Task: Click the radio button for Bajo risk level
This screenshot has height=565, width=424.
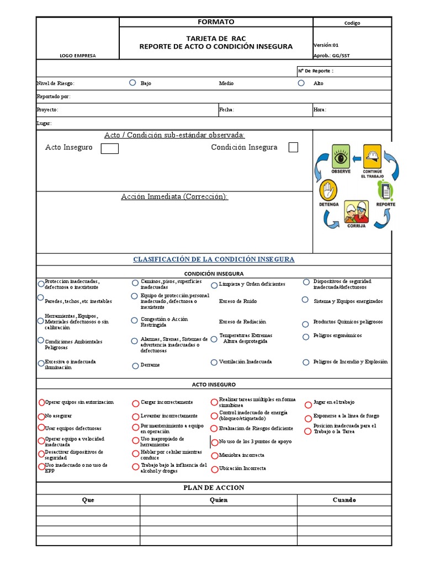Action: point(132,83)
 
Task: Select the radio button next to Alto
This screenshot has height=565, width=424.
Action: point(301,83)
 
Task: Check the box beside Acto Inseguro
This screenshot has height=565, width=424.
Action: point(110,148)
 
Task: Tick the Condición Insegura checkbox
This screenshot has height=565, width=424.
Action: point(293,147)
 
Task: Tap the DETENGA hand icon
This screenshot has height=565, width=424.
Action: point(328,191)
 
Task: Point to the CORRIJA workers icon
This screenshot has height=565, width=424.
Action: point(356,211)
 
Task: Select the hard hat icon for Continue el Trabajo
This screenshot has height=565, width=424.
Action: point(372,156)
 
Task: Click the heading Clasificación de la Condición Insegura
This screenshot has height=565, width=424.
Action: point(214,259)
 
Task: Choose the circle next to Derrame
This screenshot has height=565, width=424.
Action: point(135,365)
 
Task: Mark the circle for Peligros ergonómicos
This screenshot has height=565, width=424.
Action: point(306,337)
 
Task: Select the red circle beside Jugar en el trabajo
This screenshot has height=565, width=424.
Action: point(308,404)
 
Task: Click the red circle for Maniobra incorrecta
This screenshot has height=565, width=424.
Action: point(214,456)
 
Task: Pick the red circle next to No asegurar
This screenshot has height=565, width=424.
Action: point(41,416)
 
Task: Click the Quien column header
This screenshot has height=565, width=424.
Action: point(218,500)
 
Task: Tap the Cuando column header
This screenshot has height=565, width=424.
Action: point(343,500)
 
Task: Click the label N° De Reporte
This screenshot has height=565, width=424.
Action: point(315,71)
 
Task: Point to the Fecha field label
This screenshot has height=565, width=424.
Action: point(226,110)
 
